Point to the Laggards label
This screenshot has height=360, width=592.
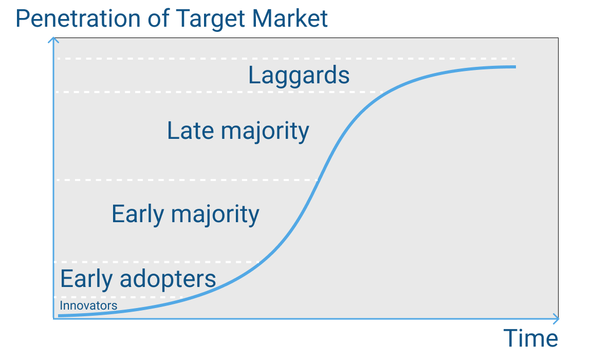299,76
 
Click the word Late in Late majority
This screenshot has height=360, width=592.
190,131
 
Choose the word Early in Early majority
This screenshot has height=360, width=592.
138,213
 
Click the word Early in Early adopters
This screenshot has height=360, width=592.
86,279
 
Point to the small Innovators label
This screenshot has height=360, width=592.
88,305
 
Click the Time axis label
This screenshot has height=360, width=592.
530,338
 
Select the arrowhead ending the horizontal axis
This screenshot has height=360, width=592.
556,319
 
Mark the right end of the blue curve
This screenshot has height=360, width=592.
514,67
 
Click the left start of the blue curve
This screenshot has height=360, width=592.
60,315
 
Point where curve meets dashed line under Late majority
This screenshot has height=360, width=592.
319,179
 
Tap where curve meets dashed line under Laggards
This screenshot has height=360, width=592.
383,92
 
